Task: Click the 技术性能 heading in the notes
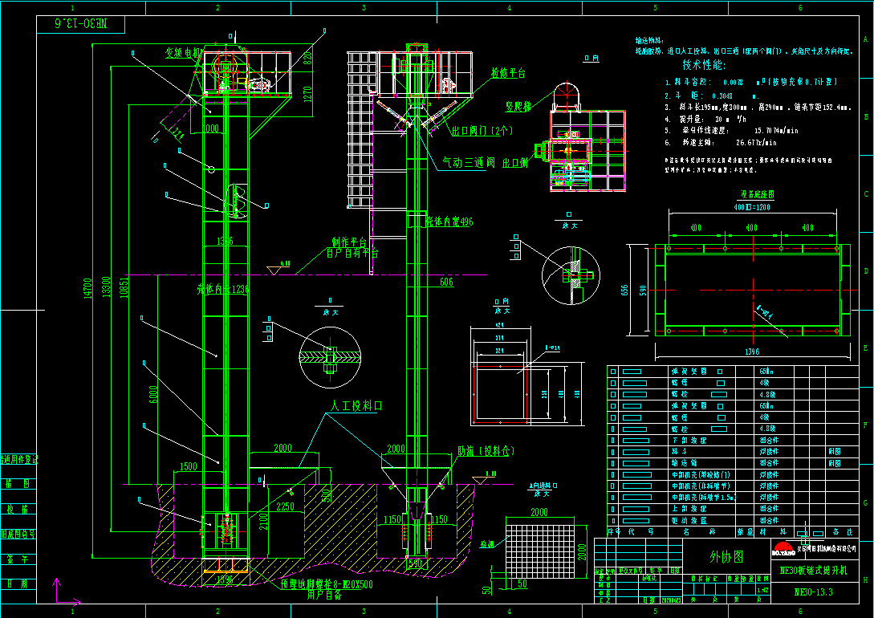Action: (703, 64)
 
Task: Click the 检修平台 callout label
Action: (508, 73)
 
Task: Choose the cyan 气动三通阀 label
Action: (469, 162)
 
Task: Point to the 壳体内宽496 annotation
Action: (449, 221)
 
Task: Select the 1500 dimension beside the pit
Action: (188, 466)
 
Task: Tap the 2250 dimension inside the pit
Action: (284, 506)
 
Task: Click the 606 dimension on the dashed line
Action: (446, 282)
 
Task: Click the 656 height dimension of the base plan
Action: (626, 289)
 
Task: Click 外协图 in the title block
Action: (726, 556)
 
